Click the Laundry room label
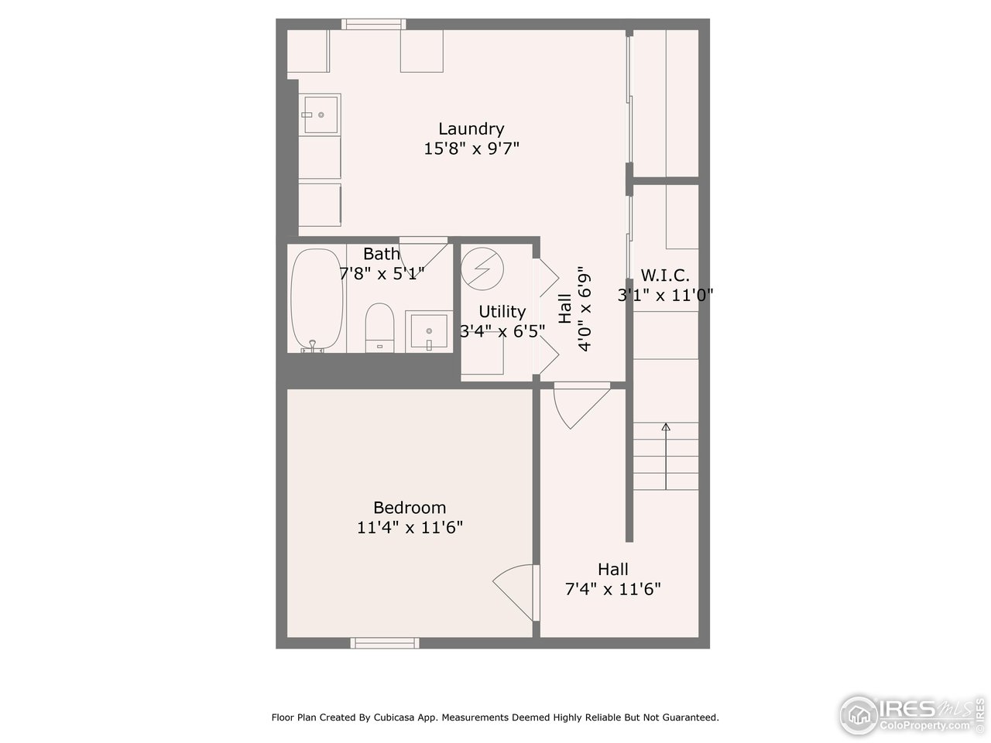pos(471,129)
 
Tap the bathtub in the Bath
pos(317,300)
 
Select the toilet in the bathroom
pos(379,327)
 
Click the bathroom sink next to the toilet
pos(429,331)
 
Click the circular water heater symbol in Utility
pos(482,268)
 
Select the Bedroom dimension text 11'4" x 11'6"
pos(410,528)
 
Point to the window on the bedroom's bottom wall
pos(385,642)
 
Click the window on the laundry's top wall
pos(374,24)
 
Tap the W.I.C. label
pos(664,275)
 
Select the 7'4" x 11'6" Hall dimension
pos(612,589)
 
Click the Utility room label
pos(502,311)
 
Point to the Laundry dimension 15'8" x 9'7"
pos(471,149)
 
